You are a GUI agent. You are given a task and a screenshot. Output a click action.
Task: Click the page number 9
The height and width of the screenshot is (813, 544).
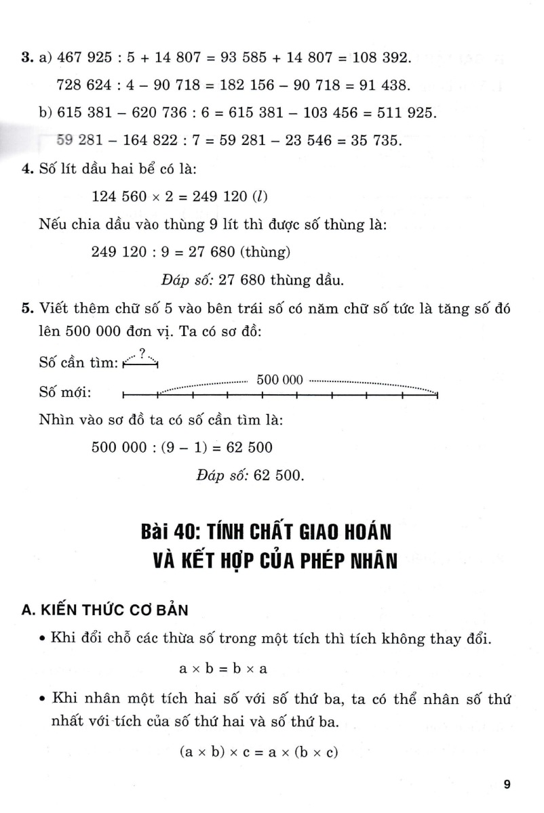click(507, 785)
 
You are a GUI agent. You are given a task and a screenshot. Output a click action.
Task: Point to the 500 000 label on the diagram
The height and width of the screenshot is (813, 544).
click(279, 381)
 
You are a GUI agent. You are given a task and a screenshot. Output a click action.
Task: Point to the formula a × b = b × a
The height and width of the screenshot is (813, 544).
click(223, 669)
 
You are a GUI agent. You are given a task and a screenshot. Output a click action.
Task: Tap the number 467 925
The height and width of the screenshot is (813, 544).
click(88, 58)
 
